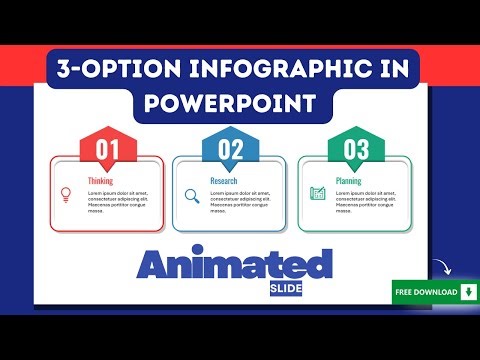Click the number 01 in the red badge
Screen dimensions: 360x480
tap(108, 152)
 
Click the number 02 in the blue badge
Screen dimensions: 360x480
tap(231, 152)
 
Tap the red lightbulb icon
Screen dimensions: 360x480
tap(67, 194)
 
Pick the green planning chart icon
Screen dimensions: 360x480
tap(317, 194)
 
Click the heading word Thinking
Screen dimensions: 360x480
tap(100, 181)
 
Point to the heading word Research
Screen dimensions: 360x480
tap(224, 181)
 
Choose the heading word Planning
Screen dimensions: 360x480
tap(348, 181)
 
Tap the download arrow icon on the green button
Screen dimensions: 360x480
tap(466, 292)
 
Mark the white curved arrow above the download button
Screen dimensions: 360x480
tap(442, 269)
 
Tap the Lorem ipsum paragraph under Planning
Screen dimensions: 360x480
tap(370, 201)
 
